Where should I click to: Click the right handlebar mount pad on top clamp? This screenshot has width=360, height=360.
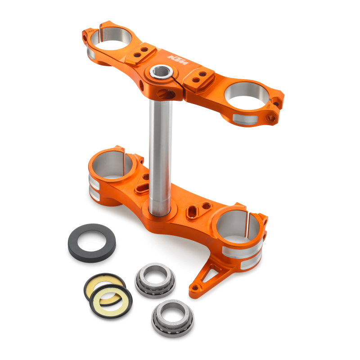click(200, 77)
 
